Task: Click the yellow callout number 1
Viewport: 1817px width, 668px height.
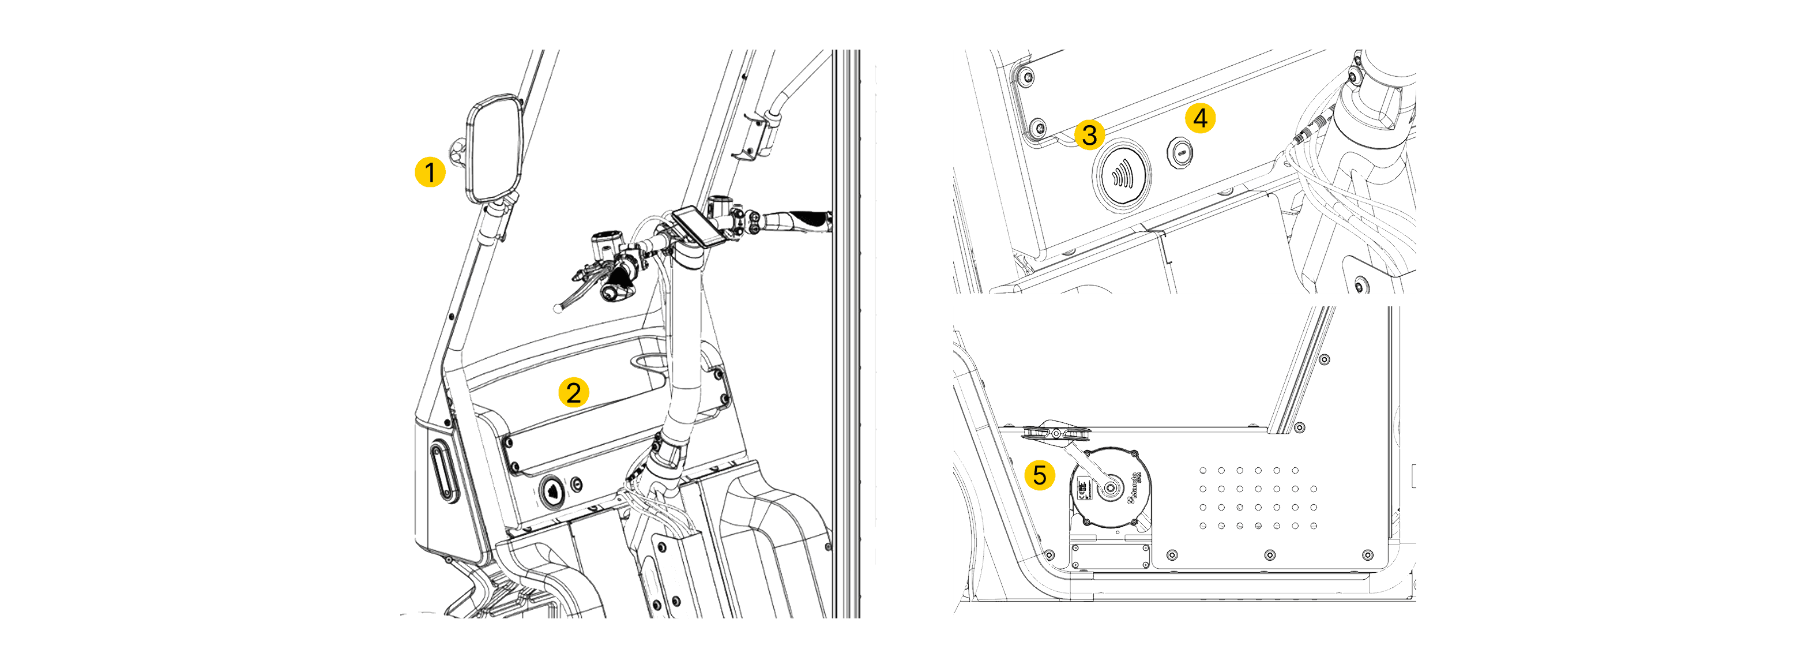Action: (430, 172)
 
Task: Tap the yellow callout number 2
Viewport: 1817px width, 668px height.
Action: (573, 392)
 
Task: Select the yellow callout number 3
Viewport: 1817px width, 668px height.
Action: (1089, 135)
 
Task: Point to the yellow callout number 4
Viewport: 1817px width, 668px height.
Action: (1200, 118)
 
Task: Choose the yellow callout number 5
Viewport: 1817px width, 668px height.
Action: (1039, 475)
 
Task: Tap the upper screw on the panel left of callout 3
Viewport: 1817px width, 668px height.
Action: (1027, 76)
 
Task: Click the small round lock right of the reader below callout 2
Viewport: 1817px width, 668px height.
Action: (577, 484)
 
